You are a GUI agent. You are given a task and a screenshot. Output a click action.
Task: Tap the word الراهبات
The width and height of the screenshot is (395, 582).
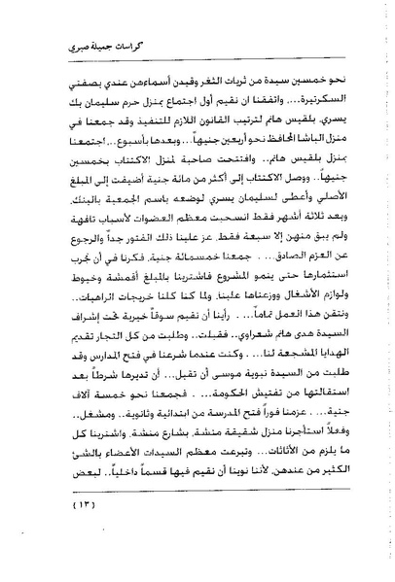(x=82, y=311)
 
